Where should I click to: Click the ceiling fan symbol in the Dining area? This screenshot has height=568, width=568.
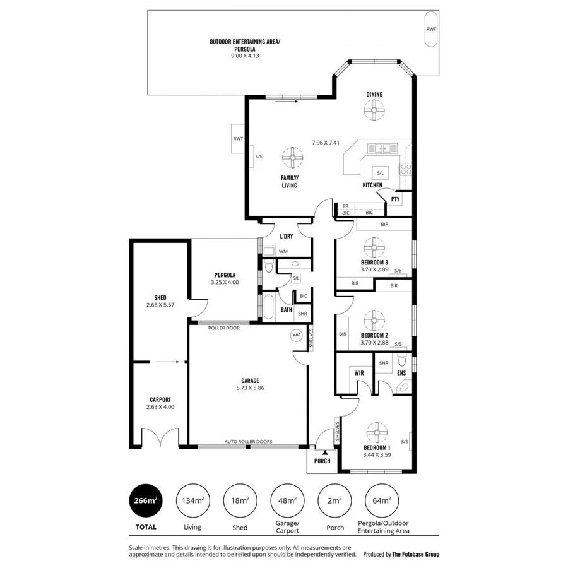click(x=374, y=112)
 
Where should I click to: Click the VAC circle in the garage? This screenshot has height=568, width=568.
click(x=297, y=334)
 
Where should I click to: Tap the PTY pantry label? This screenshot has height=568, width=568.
click(x=395, y=199)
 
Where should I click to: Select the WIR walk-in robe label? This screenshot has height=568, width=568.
click(x=359, y=373)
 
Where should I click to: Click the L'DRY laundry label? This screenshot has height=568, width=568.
click(x=286, y=236)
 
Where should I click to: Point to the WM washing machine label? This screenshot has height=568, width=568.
click(x=283, y=251)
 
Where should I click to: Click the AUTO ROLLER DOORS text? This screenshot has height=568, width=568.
click(x=249, y=442)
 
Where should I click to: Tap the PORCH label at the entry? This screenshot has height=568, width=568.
click(x=322, y=461)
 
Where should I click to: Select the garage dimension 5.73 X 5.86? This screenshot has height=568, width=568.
click(x=250, y=388)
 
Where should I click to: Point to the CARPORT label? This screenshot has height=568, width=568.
click(x=160, y=399)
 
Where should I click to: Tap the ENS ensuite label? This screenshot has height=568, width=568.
click(x=401, y=373)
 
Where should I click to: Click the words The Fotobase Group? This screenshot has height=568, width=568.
click(x=415, y=554)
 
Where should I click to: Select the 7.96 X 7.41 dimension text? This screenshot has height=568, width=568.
click(x=326, y=143)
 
